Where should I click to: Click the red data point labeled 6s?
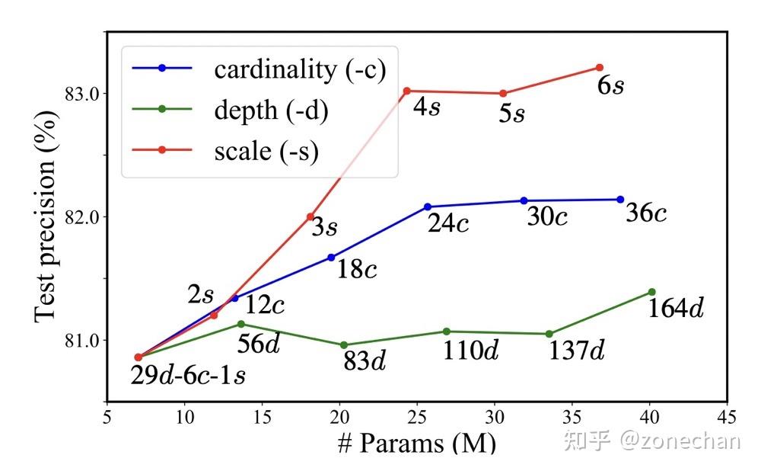click(x=600, y=68)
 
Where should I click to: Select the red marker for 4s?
click(x=406, y=91)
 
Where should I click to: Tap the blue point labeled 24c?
click(x=428, y=207)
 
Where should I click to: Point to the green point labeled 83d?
click(x=344, y=345)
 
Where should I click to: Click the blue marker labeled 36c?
click(x=620, y=200)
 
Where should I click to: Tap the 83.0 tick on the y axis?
click(x=82, y=94)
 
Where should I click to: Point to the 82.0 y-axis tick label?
click(x=82, y=217)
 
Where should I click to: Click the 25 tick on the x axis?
click(x=417, y=418)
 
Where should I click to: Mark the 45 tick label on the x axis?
click(x=727, y=418)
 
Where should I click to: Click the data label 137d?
click(x=577, y=351)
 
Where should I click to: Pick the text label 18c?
click(x=357, y=269)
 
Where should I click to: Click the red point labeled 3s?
click(x=310, y=216)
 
